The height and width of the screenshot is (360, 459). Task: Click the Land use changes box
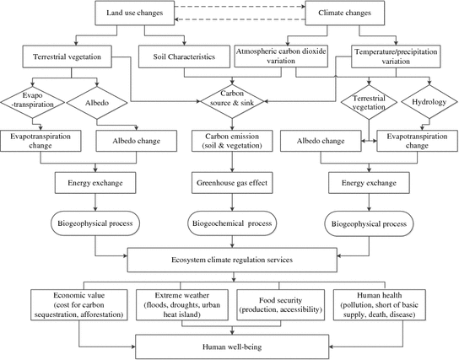coord(135,13)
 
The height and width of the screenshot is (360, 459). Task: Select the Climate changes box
coord(345,13)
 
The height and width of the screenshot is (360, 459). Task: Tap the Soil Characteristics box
coord(184,56)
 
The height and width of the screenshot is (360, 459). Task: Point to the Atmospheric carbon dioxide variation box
coord(281,56)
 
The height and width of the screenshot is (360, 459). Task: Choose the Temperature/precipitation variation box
coord(396,56)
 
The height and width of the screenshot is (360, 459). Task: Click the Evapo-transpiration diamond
coord(33,102)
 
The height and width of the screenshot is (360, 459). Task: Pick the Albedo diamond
coord(97,103)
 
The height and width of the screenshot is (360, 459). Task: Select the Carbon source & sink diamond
coord(232,101)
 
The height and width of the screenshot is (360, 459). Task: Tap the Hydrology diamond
coord(429,102)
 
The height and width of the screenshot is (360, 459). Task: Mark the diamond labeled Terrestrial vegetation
coord(369,102)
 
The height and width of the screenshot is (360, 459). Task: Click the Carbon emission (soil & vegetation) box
coord(232,141)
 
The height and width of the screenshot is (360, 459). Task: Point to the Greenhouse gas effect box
coord(232,183)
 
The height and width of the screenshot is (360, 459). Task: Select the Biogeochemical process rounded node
coord(232,223)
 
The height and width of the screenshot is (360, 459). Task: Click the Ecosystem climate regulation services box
coord(232,260)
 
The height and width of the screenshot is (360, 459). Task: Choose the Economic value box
coord(79,304)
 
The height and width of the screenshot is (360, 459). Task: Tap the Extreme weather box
coord(182,304)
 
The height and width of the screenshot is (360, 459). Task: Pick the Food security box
coord(280,304)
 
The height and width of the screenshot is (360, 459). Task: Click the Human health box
coord(380,304)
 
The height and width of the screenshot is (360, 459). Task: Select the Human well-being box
coord(232,347)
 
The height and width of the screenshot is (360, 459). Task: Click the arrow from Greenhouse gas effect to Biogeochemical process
coord(232,202)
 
